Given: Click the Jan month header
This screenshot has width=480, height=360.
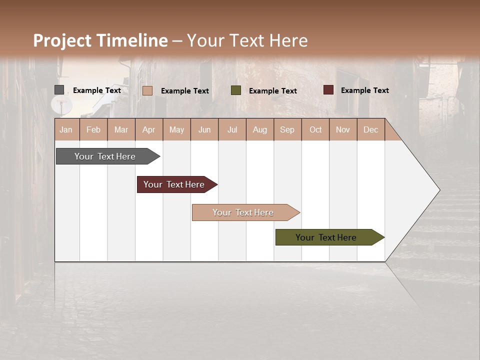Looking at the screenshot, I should [x=66, y=130].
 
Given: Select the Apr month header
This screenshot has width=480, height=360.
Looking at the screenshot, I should [x=149, y=130].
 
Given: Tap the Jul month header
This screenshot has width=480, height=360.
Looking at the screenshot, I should [x=232, y=130].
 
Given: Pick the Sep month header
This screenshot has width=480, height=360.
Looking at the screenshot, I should [x=287, y=130].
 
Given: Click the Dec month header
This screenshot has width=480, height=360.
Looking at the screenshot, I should [x=370, y=130].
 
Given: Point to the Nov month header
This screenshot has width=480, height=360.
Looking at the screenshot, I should [x=342, y=130].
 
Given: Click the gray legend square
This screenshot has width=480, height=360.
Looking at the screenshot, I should [x=59, y=90].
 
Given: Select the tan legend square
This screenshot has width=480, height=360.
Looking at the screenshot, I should [x=147, y=90].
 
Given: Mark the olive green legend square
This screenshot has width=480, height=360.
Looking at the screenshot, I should [x=236, y=90].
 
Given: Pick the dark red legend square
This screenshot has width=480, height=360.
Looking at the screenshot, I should [x=328, y=90].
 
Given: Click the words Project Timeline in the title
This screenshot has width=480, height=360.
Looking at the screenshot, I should [x=100, y=40].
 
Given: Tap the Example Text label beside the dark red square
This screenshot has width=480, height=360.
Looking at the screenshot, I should [x=364, y=90].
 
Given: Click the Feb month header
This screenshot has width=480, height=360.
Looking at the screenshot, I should [x=93, y=130].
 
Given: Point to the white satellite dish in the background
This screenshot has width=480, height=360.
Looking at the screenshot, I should [x=61, y=104].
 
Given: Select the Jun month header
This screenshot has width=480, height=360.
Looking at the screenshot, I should [x=204, y=130].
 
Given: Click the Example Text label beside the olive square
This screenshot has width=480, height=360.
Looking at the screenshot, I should [x=272, y=91].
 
